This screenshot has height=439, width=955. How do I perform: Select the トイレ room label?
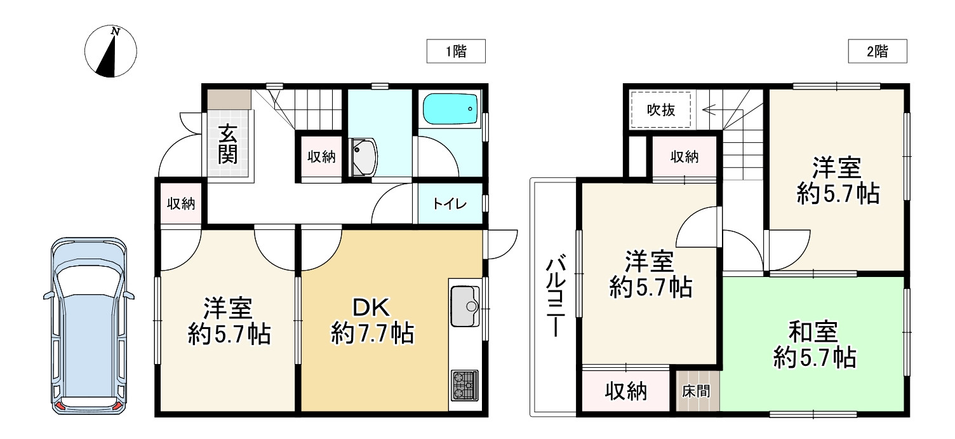(450, 204)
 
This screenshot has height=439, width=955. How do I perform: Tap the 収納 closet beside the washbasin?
(321, 157)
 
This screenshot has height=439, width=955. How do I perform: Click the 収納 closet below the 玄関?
(181, 204)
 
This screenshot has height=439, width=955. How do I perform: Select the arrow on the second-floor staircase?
(711, 109)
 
